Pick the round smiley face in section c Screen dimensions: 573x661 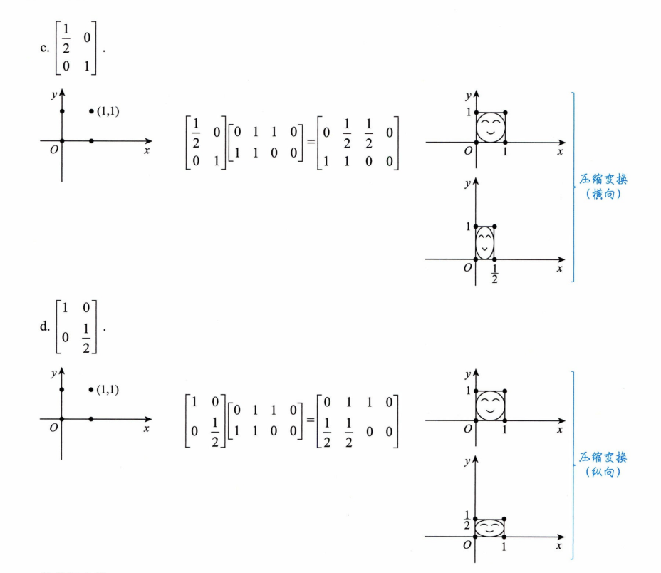click(491, 128)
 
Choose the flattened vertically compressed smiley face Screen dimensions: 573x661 click(491, 528)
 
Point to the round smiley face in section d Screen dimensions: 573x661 click(491, 406)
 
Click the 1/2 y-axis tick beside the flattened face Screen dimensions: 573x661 click(467, 520)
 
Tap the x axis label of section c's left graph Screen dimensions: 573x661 click(146, 150)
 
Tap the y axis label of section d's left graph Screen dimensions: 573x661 click(53, 371)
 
